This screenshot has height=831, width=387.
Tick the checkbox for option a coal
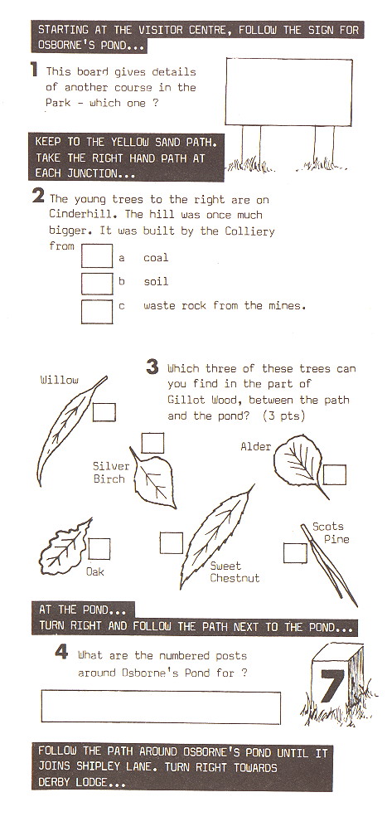(x=97, y=256)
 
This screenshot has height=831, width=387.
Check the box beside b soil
(x=97, y=284)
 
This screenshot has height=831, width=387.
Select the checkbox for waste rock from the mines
(x=97, y=312)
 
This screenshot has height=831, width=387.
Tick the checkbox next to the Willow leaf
(x=104, y=412)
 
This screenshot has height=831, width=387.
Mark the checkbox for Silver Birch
(x=152, y=443)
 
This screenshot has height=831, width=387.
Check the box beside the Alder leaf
(x=335, y=475)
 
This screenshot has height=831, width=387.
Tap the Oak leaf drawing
(x=65, y=547)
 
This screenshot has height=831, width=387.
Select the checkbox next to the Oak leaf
(x=99, y=549)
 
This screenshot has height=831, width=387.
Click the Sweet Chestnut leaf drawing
(x=216, y=537)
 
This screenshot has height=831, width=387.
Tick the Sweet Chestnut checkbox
(x=172, y=543)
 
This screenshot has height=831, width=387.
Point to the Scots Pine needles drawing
(x=329, y=566)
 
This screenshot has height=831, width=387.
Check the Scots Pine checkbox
(x=295, y=553)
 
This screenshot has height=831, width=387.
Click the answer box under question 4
(x=161, y=707)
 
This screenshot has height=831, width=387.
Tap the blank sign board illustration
(x=289, y=92)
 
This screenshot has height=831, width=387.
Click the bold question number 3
(x=152, y=367)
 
